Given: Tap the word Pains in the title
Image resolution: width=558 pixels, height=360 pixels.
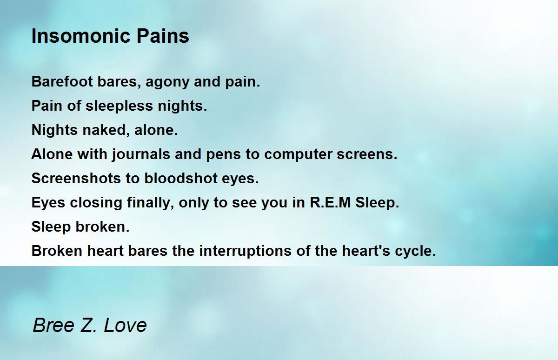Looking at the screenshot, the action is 163,36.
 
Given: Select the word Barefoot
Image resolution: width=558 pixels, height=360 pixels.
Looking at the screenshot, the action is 62,81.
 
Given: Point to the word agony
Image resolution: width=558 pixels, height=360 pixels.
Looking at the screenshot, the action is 167,83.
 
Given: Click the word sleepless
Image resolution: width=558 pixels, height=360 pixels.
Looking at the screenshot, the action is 119,107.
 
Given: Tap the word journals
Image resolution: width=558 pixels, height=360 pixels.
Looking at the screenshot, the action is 141,155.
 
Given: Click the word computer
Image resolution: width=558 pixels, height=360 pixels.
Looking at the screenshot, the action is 298,155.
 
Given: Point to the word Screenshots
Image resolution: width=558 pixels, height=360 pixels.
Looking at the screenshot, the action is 76,178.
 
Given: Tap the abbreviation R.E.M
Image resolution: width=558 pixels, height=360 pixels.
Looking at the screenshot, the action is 330,202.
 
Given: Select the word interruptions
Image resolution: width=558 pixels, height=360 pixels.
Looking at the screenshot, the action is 246,251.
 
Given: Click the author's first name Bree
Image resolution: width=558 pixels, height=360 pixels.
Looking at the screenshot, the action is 53,325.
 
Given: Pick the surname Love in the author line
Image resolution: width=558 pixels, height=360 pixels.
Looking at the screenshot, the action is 125,325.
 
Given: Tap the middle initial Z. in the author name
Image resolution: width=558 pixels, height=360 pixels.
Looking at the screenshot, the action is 88,325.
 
